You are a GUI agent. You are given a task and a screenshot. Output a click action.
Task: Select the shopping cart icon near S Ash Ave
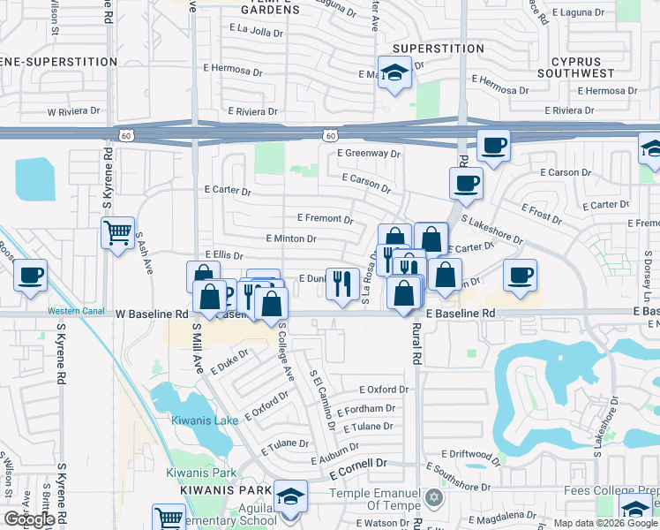[117, 233]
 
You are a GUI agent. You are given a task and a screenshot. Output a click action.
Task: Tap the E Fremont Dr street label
[325, 218]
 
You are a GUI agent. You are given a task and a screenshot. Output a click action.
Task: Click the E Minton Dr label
[290, 238]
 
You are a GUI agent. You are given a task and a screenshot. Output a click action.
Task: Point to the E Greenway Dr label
[369, 153]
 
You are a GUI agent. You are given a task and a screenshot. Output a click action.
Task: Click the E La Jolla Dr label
[256, 30]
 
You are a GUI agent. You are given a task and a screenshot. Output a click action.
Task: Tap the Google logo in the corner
[29, 519]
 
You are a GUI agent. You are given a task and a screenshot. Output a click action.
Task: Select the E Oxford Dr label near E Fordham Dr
[384, 390]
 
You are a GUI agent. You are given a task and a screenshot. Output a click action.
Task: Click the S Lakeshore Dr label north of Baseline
[491, 231]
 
